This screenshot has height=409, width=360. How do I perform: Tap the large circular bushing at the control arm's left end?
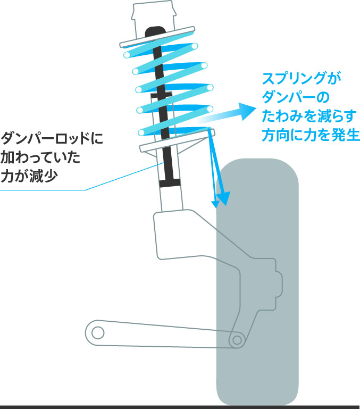click(98, 333)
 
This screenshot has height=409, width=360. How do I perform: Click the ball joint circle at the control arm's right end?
click(237, 340)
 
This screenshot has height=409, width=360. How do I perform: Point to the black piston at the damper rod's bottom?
click(170, 183)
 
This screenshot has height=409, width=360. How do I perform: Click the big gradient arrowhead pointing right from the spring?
click(247, 111)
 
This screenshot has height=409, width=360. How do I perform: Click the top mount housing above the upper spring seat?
click(153, 21)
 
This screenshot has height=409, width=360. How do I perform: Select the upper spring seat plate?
click(157, 37)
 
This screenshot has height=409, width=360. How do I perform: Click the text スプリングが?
click(302, 78)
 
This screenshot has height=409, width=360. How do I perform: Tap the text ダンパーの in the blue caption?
click(296, 97)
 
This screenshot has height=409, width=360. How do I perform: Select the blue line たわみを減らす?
click(309, 116)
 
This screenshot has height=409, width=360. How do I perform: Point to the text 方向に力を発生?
click(311, 135)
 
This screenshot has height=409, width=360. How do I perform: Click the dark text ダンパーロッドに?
click(52, 138)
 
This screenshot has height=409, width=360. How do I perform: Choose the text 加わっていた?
click(40, 157)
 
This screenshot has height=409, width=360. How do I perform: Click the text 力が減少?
click(29, 176)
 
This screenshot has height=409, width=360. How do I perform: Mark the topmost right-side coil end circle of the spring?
click(194, 46)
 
